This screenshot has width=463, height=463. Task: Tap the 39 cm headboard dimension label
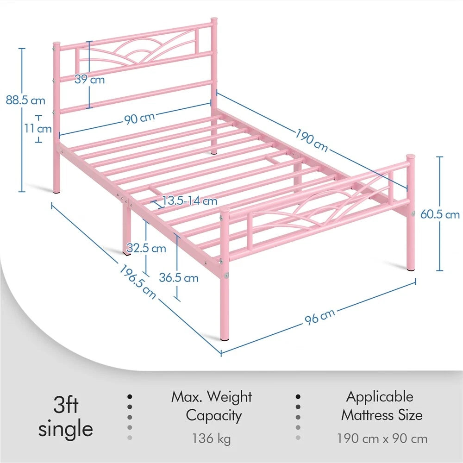(x=90, y=79)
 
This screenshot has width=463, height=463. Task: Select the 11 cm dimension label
(x=38, y=128)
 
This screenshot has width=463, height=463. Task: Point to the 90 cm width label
(x=139, y=118)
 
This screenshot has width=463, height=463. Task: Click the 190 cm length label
(x=312, y=138)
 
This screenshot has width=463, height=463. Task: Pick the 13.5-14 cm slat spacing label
(x=190, y=200)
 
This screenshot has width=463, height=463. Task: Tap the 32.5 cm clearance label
(x=146, y=248)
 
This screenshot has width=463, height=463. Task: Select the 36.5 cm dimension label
(x=179, y=278)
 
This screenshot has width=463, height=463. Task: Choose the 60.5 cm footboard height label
(x=440, y=214)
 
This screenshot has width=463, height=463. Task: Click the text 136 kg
(x=212, y=438)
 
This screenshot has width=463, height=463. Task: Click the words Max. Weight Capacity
(x=212, y=406)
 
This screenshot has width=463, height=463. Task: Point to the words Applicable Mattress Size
(x=381, y=406)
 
